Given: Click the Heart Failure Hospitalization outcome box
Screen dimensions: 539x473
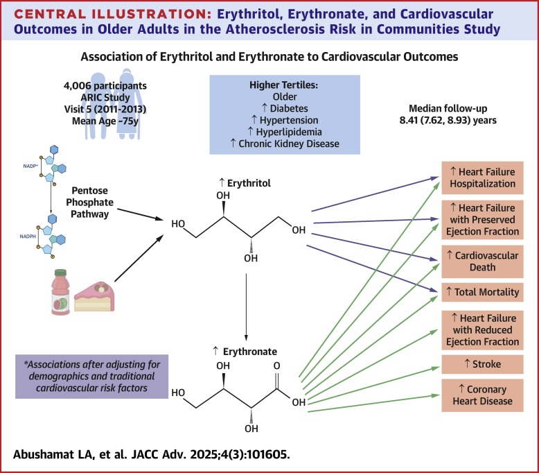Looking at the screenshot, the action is click(x=482, y=178).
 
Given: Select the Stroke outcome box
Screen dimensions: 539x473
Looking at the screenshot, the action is click(x=482, y=364).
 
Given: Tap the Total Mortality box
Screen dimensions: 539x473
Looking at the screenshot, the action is click(x=482, y=292).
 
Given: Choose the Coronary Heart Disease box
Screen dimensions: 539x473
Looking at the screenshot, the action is click(x=482, y=395).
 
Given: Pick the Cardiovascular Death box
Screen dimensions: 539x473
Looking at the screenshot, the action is click(x=482, y=261).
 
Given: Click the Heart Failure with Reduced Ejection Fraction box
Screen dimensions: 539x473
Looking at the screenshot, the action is click(x=482, y=330).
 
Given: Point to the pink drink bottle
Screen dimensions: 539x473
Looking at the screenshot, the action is click(x=60, y=292).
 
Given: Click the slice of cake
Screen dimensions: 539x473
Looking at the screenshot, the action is click(x=94, y=297).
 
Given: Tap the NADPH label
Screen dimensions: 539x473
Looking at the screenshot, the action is click(x=28, y=237).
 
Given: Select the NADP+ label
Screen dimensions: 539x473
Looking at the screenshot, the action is click(x=30, y=166).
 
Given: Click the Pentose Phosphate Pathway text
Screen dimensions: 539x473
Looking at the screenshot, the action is click(x=89, y=203).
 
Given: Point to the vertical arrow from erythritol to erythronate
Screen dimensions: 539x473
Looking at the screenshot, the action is click(x=246, y=307).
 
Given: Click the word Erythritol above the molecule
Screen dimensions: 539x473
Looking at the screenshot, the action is click(x=249, y=183).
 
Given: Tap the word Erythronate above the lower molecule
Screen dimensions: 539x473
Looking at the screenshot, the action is click(x=250, y=352).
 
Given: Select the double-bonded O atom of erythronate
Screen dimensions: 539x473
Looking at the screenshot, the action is click(x=276, y=365).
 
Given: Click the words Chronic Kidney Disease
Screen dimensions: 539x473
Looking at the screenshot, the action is click(x=289, y=144).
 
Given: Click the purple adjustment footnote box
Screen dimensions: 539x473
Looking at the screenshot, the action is click(x=91, y=377).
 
